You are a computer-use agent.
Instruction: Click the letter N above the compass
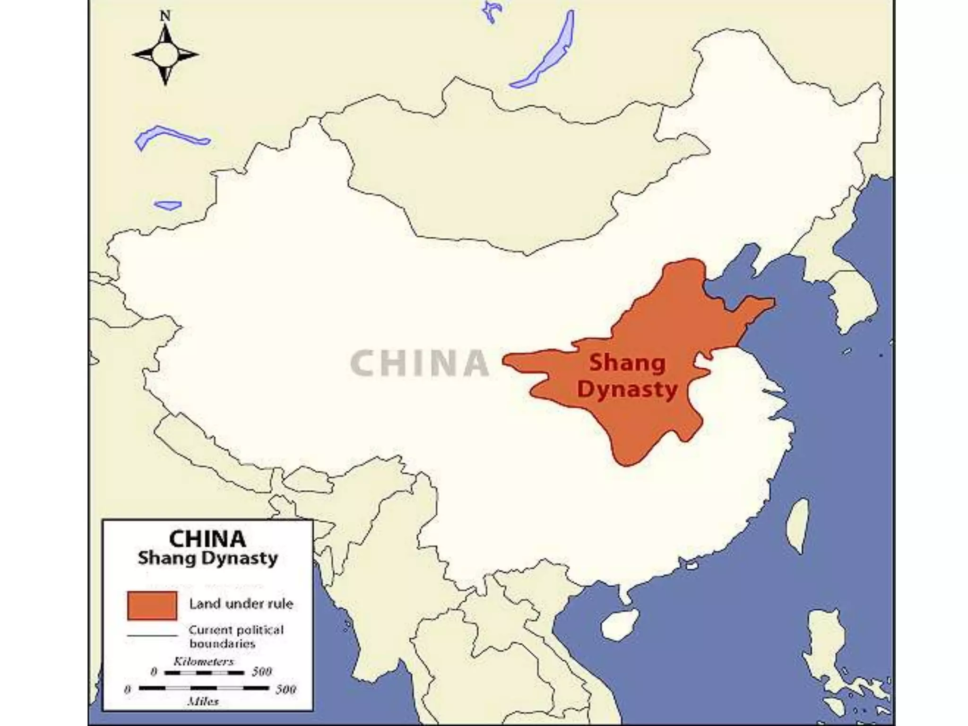pos(165,16)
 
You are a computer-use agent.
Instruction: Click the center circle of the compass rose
pos(165,54)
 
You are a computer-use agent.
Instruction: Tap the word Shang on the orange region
pos(627,363)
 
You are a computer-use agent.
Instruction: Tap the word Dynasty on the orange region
pos(627,390)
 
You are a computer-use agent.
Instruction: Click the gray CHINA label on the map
pos(420,363)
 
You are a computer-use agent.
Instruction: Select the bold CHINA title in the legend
pos(207,539)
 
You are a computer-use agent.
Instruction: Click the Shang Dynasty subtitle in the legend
pos(207,558)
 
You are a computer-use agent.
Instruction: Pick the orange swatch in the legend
pos(152,605)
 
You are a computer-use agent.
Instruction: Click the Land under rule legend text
pos(241,604)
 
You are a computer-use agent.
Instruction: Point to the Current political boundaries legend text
pos(235,636)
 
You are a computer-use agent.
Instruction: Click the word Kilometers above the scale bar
pos(203,661)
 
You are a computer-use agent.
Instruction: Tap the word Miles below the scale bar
pos(203,701)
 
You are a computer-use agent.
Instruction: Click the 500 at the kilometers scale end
pos(261,672)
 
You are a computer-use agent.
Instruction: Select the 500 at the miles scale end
pos(285,689)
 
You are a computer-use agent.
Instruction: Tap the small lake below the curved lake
pos(168,205)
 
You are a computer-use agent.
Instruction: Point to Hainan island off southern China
pos(620,624)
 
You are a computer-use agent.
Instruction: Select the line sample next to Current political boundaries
pos(152,636)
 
